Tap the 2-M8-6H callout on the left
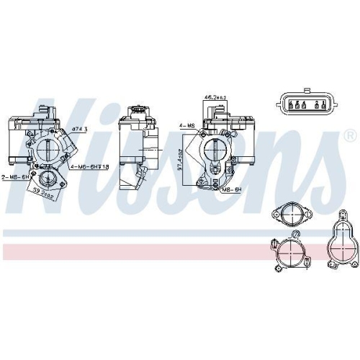[x=14, y=177]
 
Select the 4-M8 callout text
[x=186, y=125]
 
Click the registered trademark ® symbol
[x=349, y=135]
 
